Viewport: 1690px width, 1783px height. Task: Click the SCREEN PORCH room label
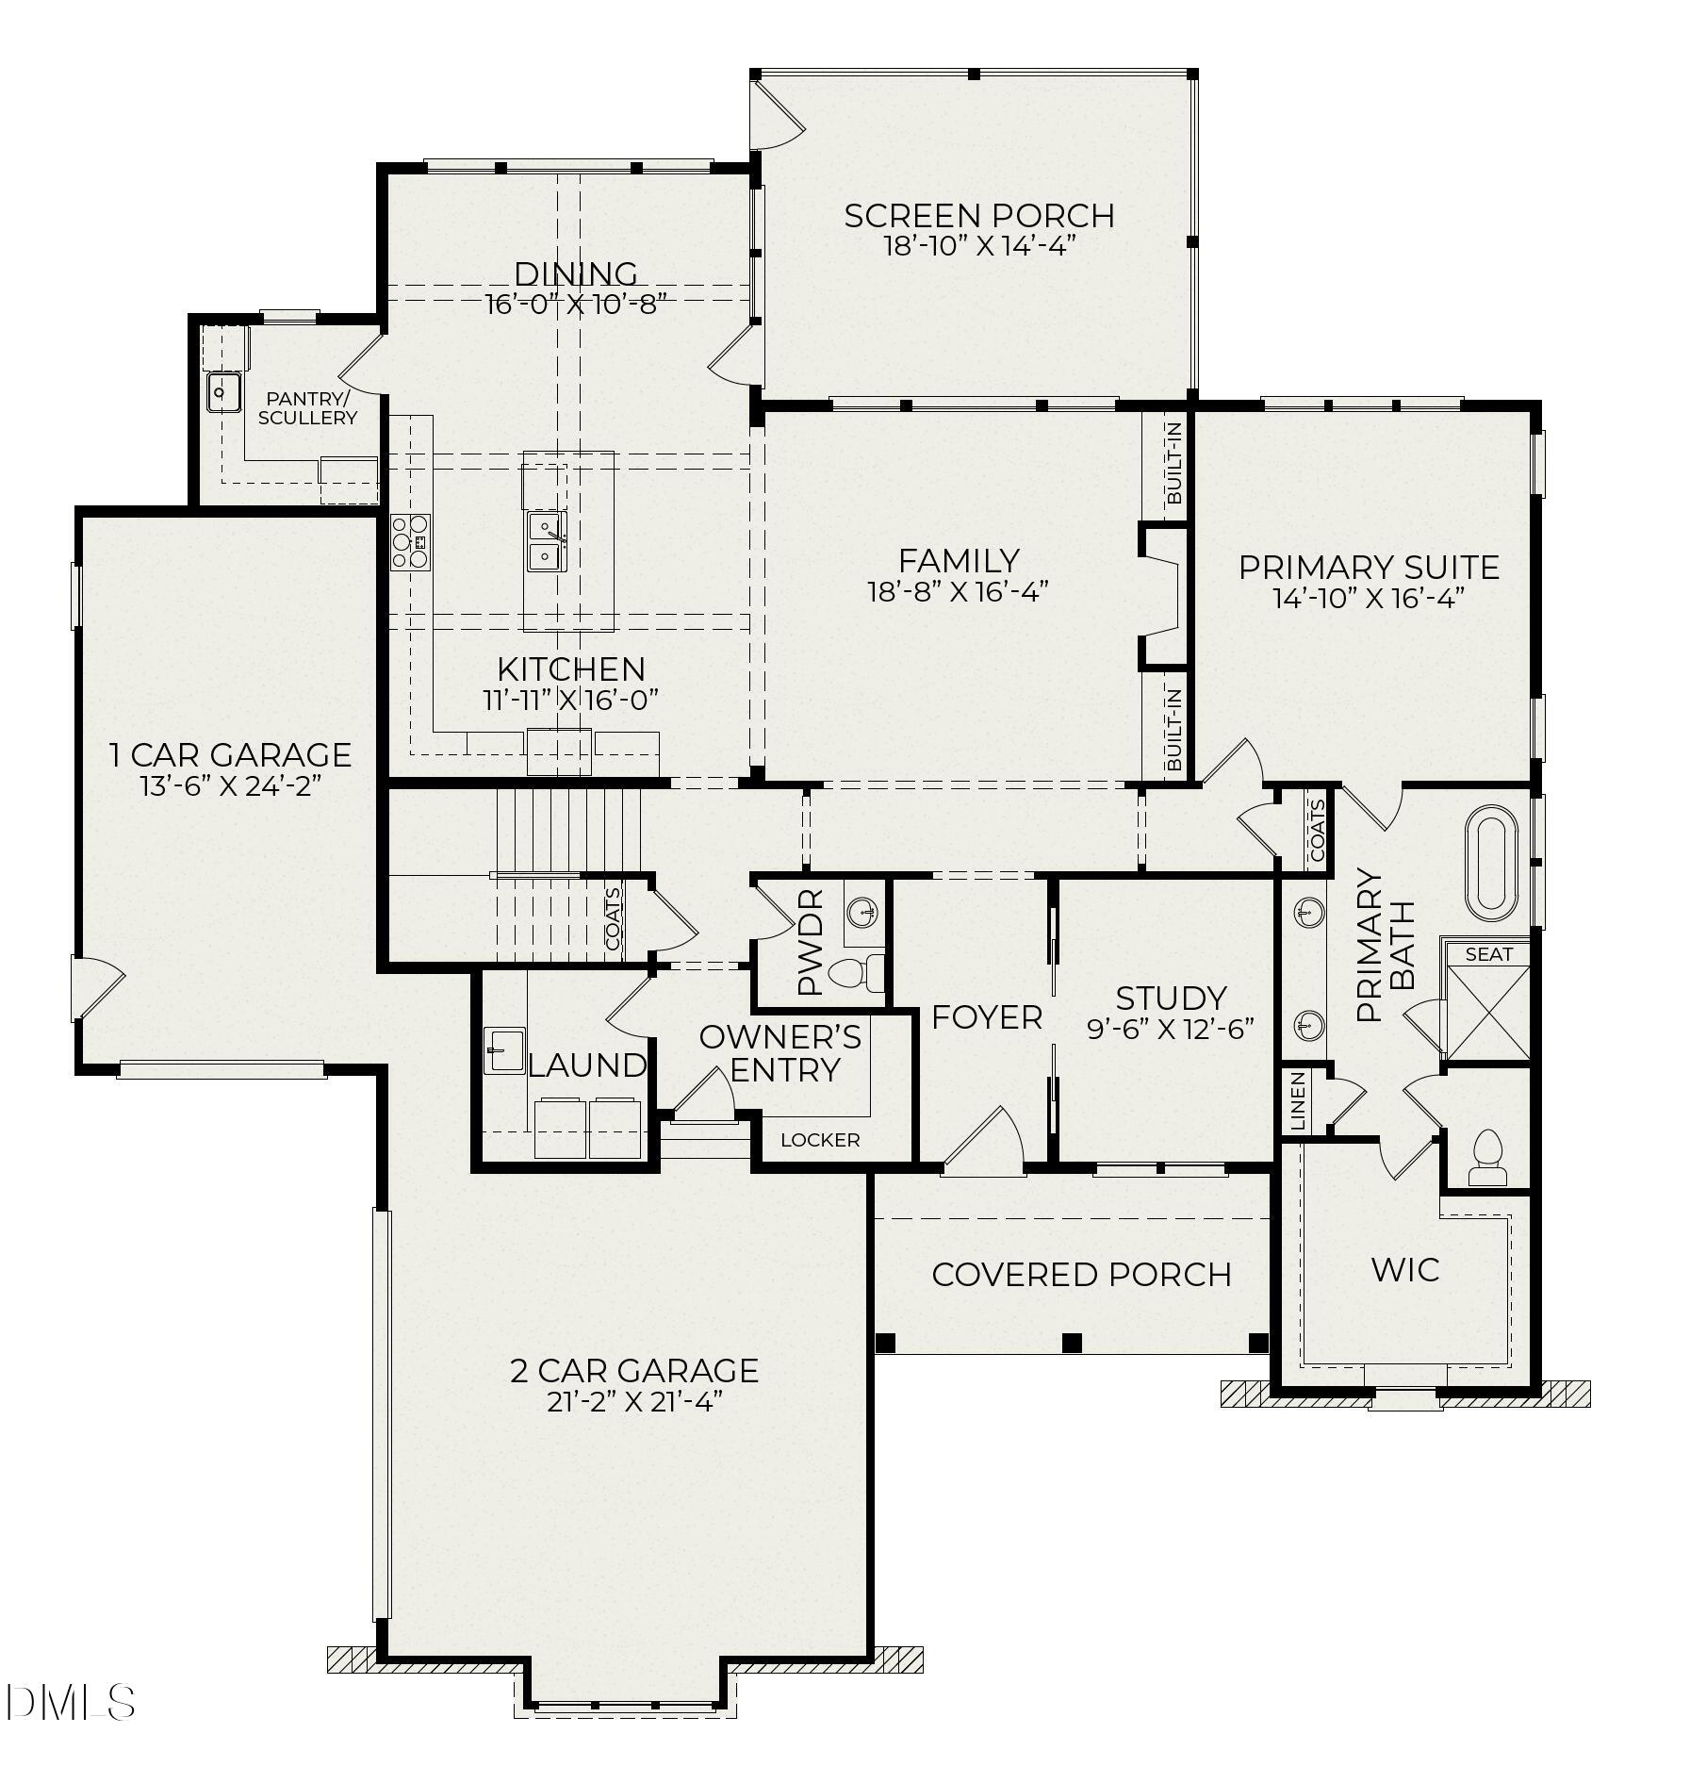pos(978,216)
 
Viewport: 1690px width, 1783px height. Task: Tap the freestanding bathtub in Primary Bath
pos(1490,863)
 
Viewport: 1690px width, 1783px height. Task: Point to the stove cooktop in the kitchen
pos(411,542)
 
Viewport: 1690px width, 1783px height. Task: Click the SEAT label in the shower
pos(1488,954)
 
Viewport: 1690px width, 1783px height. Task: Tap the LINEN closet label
pos(1298,1100)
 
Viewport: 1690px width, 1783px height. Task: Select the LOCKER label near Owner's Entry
pos(820,1140)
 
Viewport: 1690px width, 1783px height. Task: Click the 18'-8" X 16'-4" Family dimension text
pos(958,592)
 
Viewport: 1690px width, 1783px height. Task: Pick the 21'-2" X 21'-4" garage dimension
pos(634,1402)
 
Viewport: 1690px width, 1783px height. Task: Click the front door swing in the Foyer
pos(985,1143)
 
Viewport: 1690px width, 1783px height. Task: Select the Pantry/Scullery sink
pos(224,391)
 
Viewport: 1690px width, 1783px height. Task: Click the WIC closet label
pos(1404,1270)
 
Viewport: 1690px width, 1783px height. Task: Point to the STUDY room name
pos(1171,998)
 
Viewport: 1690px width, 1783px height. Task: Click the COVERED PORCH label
pos(1081,1275)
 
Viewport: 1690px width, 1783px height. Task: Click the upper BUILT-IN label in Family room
pos(1173,463)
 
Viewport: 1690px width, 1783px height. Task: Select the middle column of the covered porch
pos(1072,1342)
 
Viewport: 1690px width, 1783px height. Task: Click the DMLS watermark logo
pos(70,1703)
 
